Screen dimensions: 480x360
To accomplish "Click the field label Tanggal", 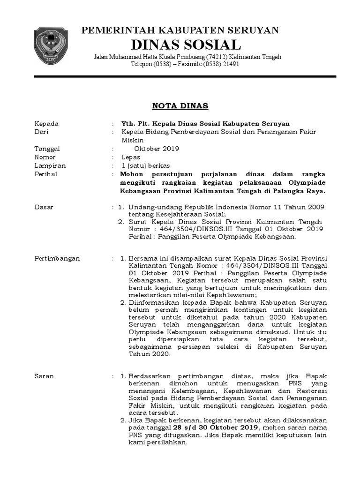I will (47, 149).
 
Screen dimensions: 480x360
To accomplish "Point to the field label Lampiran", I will (50, 166).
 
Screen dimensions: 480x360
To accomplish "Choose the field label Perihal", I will (46, 174).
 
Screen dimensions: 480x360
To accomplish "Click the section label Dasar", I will (44, 207).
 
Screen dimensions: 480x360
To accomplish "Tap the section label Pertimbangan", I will (57, 258).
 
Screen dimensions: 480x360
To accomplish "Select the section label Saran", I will (44, 376).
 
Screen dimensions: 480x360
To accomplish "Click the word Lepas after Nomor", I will (130, 157).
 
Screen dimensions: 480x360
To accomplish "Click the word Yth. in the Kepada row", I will (128, 124).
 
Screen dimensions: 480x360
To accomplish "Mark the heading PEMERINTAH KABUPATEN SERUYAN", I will (180, 31).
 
